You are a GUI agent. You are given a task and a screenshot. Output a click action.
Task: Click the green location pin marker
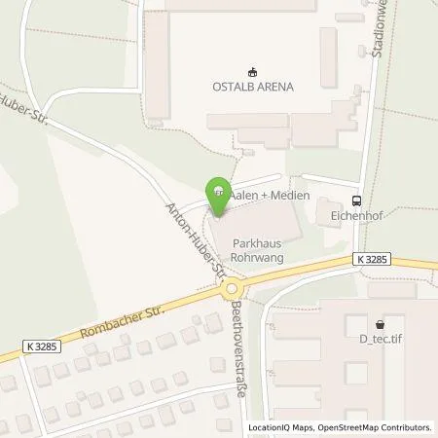tap(219, 192)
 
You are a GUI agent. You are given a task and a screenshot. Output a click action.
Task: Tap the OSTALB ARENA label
tap(252, 86)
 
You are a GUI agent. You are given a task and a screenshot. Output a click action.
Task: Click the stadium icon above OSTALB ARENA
tap(252, 70)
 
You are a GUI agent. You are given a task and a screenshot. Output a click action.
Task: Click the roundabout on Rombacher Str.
tap(232, 288)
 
